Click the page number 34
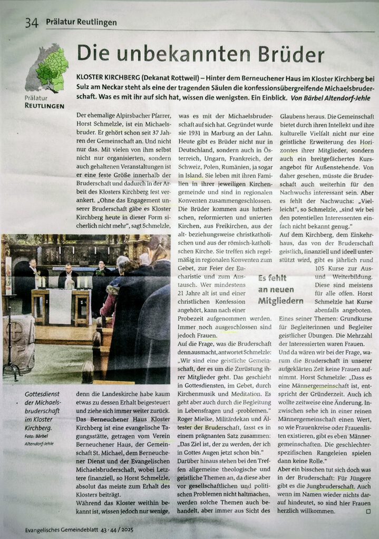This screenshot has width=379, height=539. (32, 23)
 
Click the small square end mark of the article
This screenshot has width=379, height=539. (368, 511)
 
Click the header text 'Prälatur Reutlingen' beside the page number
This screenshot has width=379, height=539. (81, 23)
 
